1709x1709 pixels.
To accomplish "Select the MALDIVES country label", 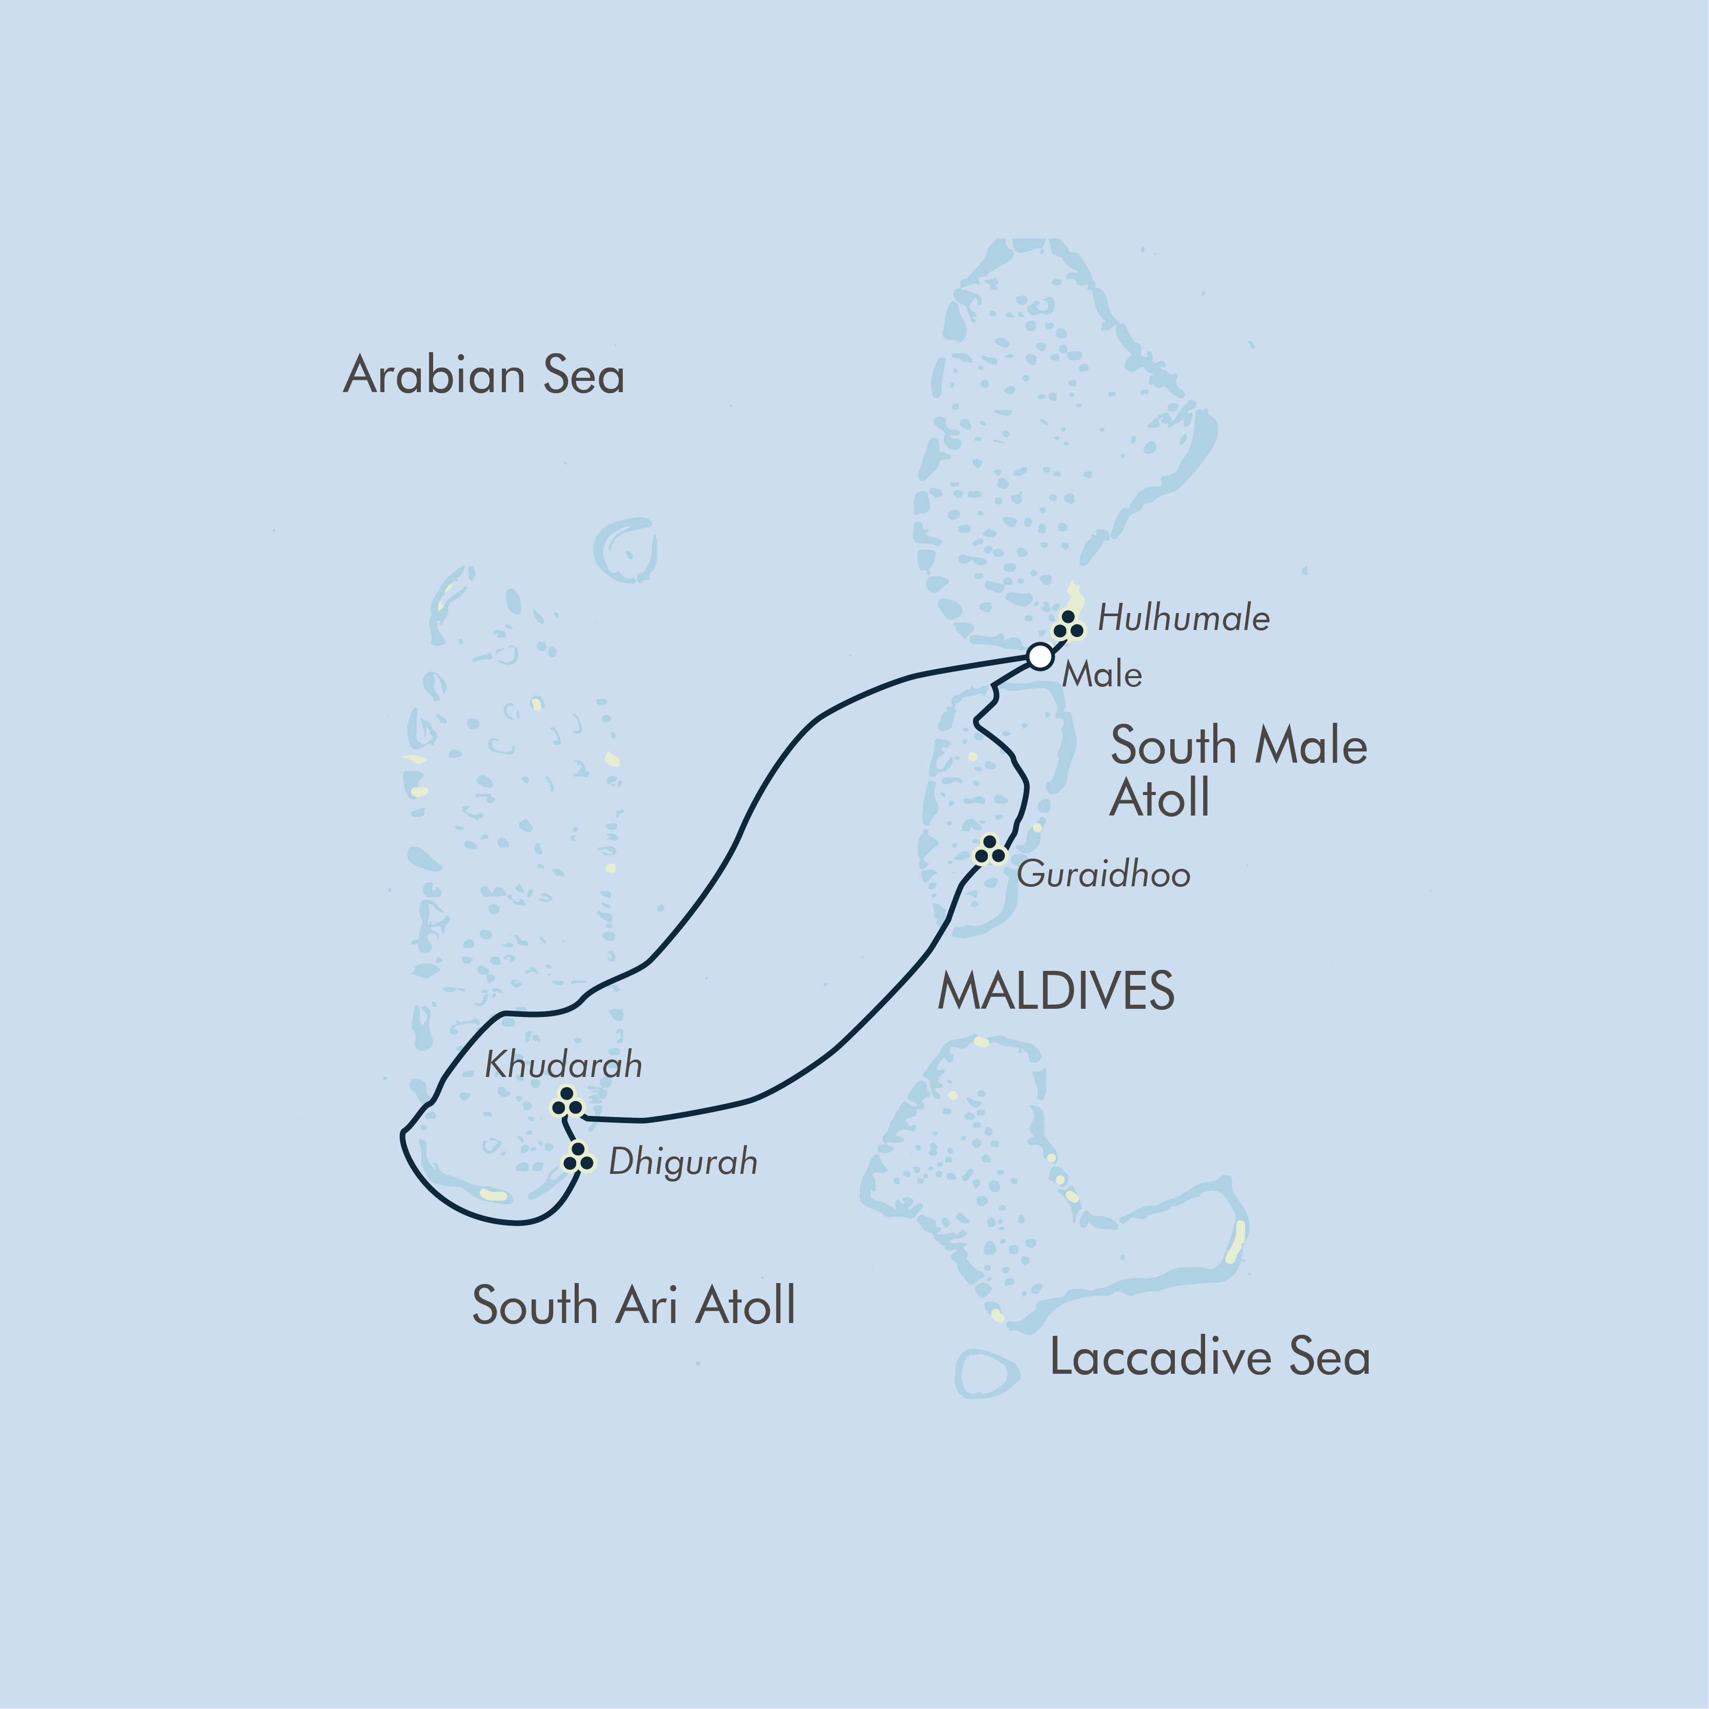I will [x=1055, y=991].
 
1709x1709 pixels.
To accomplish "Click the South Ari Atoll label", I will [x=634, y=1306].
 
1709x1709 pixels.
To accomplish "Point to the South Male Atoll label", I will [x=1238, y=769].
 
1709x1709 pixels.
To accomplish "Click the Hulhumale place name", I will [x=1184, y=618].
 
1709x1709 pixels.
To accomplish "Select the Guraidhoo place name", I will [x=1103, y=875].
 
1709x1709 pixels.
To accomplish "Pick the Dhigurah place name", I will [x=683, y=1162].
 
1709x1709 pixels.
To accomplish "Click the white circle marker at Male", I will [x=1040, y=656].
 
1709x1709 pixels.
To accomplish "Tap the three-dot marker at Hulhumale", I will [x=1068, y=625].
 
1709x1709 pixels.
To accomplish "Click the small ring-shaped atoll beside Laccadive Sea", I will [x=985, y=1374].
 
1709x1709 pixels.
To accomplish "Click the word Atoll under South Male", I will [x=1159, y=798].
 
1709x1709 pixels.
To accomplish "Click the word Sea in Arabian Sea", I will [x=584, y=375].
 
